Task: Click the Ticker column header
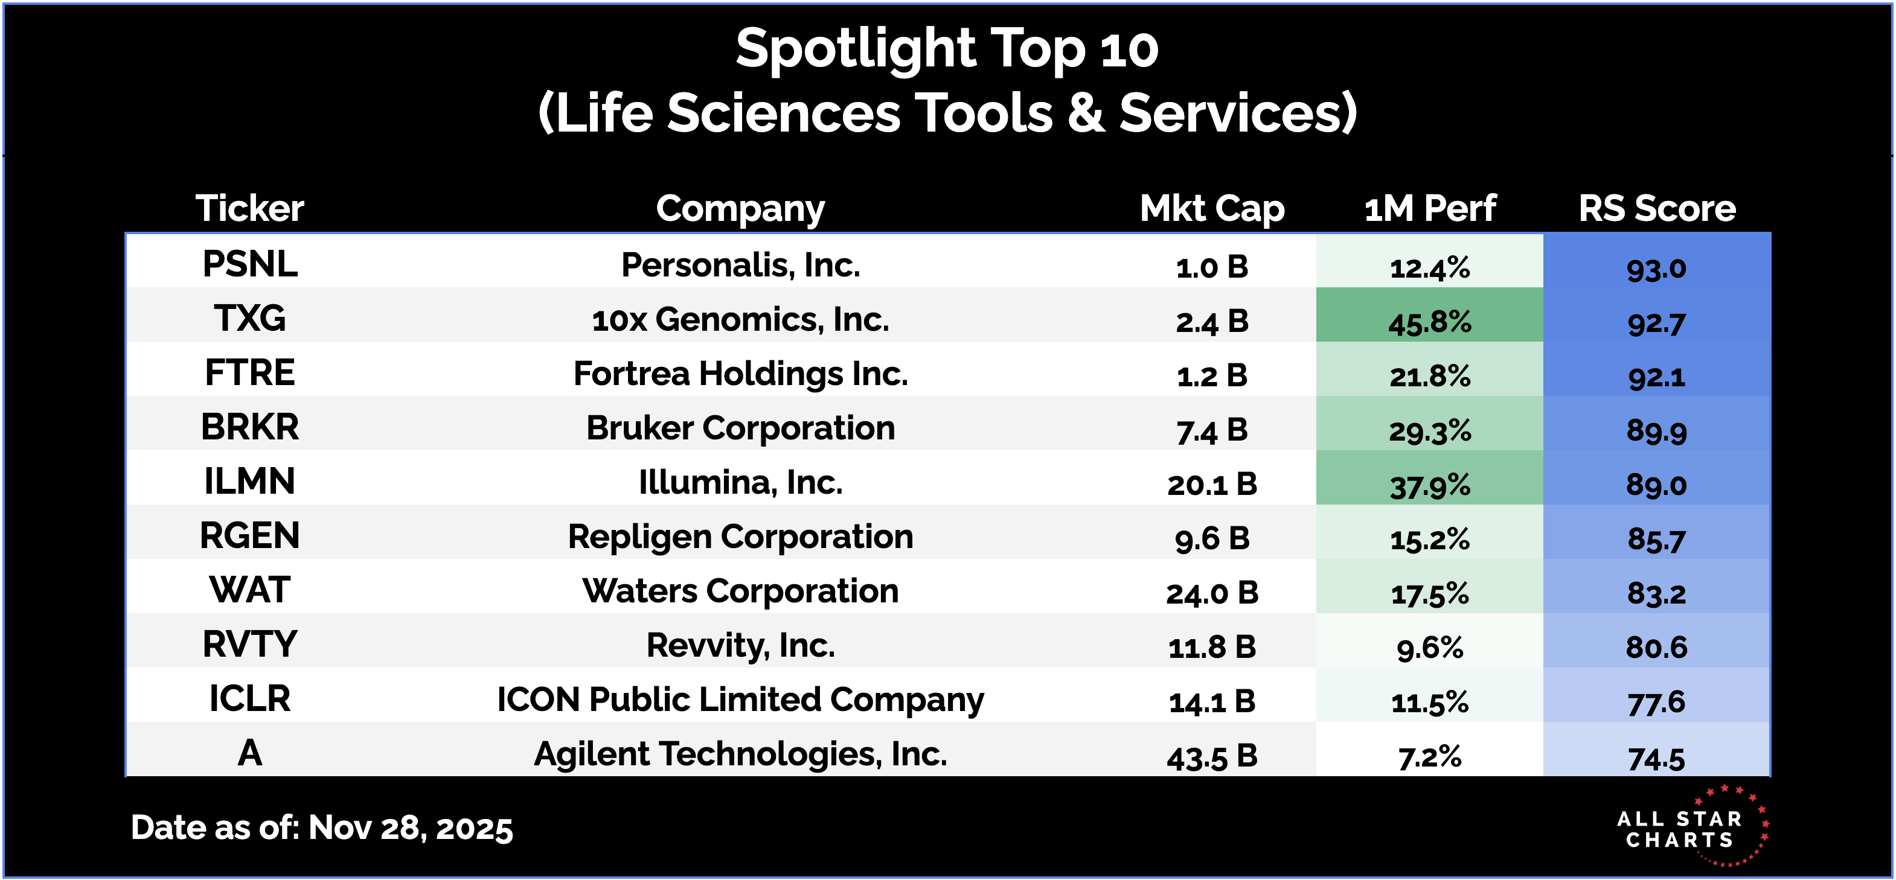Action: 249,208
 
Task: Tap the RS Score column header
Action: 1656,208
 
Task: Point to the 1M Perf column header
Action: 1429,208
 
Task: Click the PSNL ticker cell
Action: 249,264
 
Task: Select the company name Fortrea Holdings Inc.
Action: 740,374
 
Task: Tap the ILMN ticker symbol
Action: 249,482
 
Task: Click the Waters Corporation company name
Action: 740,591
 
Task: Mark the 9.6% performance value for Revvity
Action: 1429,648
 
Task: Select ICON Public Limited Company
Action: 740,700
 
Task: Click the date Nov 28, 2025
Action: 410,827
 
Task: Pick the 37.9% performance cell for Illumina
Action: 1429,485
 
